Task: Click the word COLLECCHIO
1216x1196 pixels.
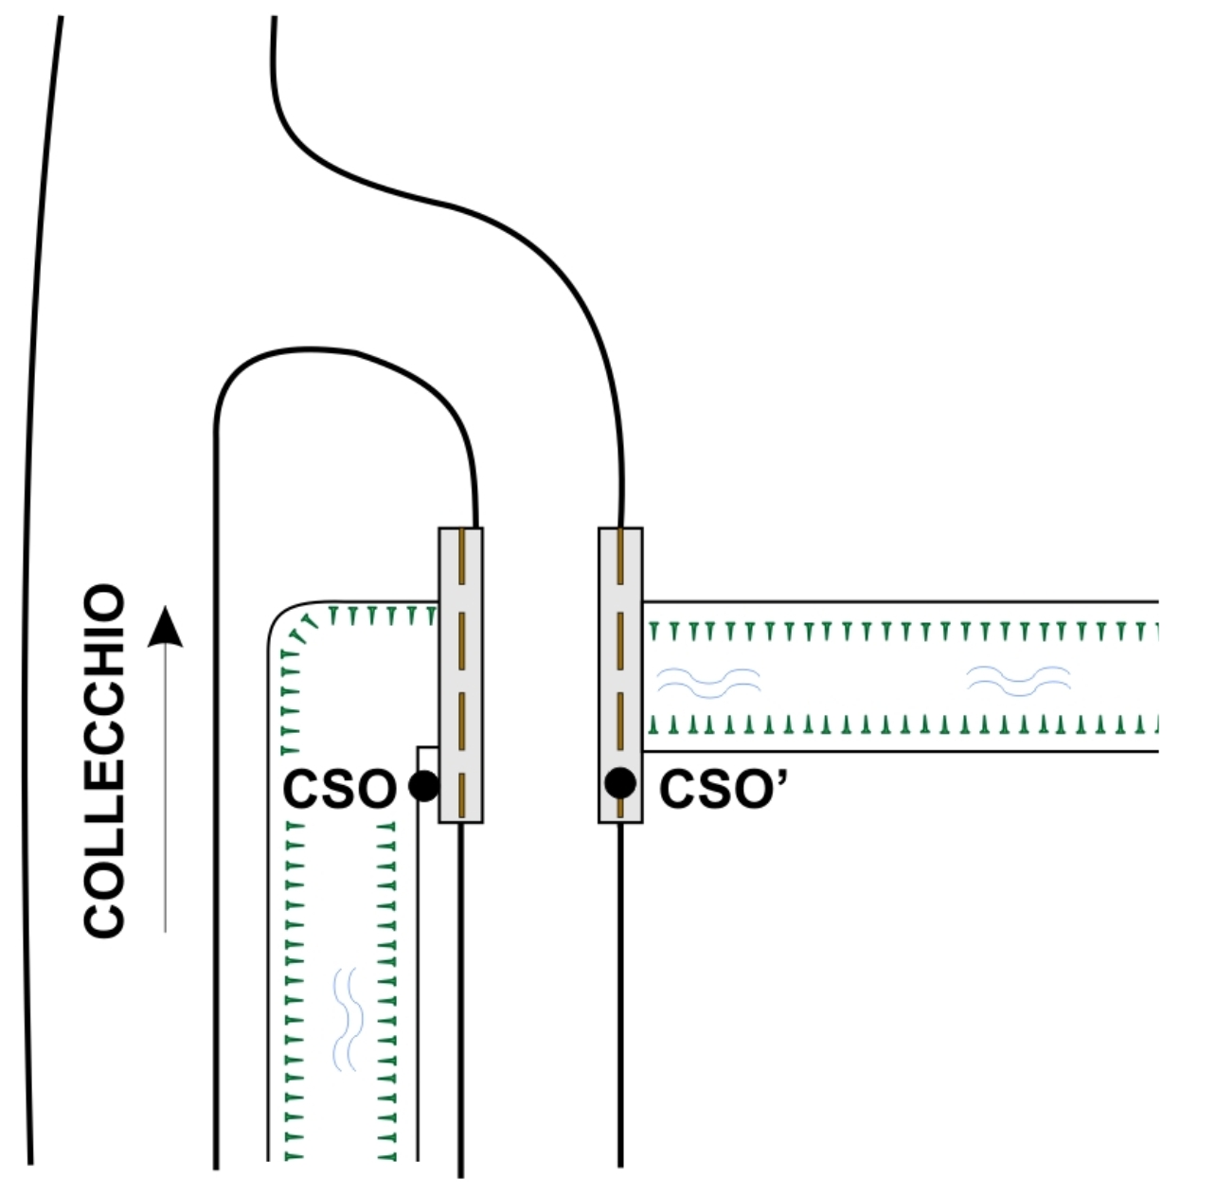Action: click(x=104, y=760)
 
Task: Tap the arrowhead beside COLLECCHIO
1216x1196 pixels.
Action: click(x=166, y=627)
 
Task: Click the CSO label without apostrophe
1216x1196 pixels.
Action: click(x=339, y=789)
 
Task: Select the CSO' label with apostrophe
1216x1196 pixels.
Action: click(x=724, y=789)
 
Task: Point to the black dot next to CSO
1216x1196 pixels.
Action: click(x=423, y=786)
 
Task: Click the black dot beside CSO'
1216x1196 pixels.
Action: click(x=620, y=783)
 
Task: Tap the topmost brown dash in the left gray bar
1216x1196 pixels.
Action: click(x=461, y=556)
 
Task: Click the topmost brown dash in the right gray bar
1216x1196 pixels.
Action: click(x=620, y=556)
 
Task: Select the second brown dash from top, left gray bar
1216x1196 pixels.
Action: click(x=461, y=640)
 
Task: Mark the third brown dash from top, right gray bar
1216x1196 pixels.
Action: click(x=620, y=721)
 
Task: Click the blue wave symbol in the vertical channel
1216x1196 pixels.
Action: click(x=348, y=1019)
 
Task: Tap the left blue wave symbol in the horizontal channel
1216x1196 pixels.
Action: click(x=708, y=684)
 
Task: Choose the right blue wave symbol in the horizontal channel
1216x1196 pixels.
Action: click(x=1018, y=681)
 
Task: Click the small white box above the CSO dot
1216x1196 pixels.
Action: click(x=428, y=759)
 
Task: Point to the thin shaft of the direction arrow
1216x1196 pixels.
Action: click(x=166, y=789)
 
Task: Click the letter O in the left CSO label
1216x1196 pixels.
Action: click(x=378, y=789)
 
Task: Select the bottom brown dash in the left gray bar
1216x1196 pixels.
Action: click(x=461, y=795)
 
